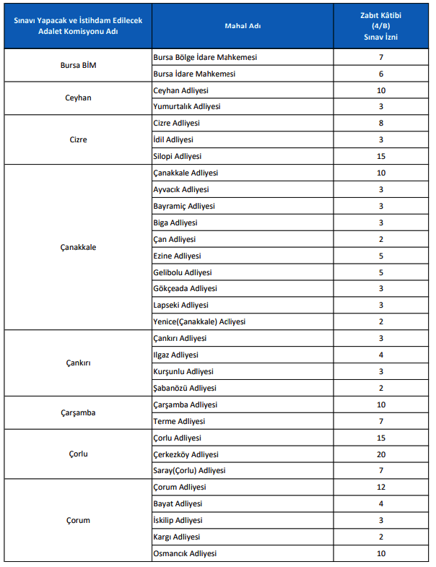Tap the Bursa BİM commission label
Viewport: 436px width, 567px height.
(x=78, y=66)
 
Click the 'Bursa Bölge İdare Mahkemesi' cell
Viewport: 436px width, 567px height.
(x=205, y=57)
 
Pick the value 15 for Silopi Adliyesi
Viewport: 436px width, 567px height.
(x=380, y=156)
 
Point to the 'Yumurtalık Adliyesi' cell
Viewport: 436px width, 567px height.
(x=187, y=106)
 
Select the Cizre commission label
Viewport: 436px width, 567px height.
(x=78, y=139)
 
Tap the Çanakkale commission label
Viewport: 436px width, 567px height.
(x=78, y=247)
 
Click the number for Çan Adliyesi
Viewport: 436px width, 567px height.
(x=380, y=239)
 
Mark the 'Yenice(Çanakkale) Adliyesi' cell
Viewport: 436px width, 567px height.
(x=201, y=321)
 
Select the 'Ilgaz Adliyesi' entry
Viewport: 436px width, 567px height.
(x=175, y=355)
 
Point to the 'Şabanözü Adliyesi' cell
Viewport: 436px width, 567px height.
(x=185, y=388)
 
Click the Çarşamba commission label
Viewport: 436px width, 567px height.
(x=78, y=413)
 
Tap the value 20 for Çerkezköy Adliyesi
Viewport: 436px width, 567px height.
(x=380, y=454)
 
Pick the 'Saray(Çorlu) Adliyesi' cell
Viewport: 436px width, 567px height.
(x=189, y=471)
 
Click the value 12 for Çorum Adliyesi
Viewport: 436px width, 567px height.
(x=380, y=488)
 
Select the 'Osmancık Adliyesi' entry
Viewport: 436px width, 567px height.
(x=185, y=553)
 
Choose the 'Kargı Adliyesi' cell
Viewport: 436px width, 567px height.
(x=177, y=537)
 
